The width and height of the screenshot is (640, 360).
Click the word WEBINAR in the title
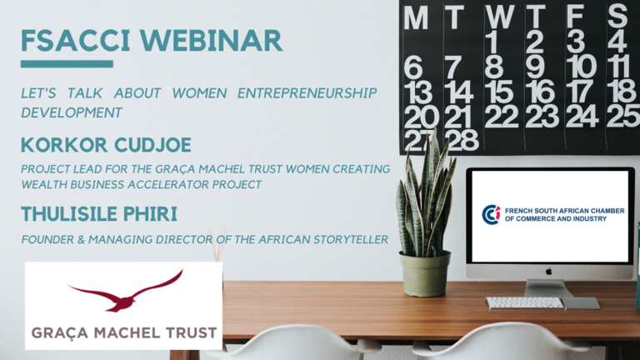[211, 41]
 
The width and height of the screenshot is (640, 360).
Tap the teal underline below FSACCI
[67, 64]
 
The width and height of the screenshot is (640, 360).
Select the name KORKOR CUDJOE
[106, 145]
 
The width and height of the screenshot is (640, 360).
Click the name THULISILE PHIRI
[99, 214]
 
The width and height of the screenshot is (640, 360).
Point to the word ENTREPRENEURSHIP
[307, 93]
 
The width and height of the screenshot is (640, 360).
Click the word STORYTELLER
[351, 239]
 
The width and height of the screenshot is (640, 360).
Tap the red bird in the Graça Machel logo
[125, 291]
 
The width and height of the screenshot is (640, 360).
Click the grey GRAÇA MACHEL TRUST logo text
[124, 333]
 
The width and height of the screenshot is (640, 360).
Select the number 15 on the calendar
[501, 92]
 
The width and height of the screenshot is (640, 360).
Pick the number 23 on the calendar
[542, 116]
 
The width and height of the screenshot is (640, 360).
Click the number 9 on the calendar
[536, 67]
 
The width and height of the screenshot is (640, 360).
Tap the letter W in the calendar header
[500, 17]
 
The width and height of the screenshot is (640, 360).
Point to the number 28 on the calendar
[461, 140]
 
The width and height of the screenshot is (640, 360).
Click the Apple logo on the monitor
[549, 272]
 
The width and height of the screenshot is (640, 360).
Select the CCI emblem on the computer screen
[491, 215]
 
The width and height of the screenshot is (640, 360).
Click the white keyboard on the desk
[525, 302]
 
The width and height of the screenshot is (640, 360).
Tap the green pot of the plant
[425, 273]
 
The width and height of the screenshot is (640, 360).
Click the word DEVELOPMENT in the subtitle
[72, 112]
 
